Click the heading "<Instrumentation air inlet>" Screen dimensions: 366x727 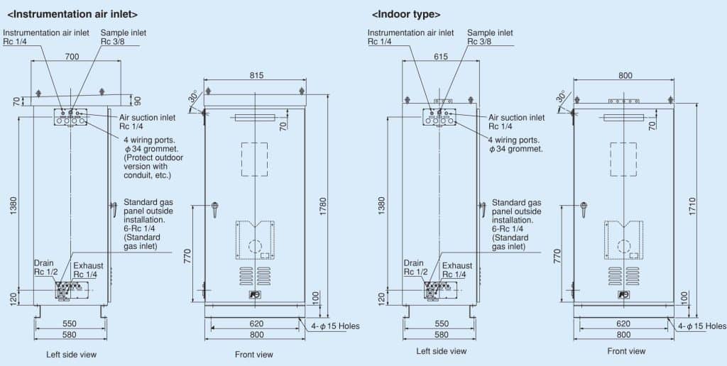click(x=72, y=13)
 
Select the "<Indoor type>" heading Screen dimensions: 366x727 click(x=406, y=13)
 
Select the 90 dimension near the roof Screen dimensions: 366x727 click(x=137, y=101)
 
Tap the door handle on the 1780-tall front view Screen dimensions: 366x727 click(x=214, y=208)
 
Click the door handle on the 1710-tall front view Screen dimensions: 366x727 click(x=584, y=208)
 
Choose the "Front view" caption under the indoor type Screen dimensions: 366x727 click(x=626, y=351)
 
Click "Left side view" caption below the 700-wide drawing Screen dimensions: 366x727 click(x=71, y=354)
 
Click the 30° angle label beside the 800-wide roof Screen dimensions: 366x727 click(x=561, y=96)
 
